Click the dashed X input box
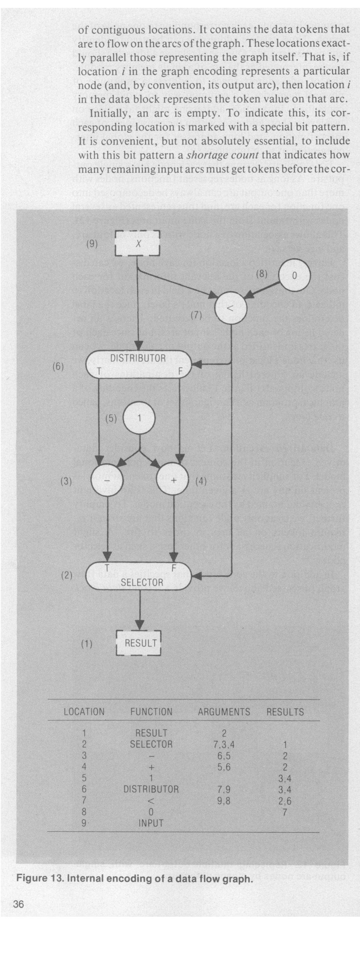137,243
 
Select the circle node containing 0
294,275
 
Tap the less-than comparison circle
231,308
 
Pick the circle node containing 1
139,418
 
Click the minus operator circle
107,480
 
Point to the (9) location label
92,244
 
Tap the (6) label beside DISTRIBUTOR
58,366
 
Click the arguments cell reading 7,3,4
224,744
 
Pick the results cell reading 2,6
285,801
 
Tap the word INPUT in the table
151,823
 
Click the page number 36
18,904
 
